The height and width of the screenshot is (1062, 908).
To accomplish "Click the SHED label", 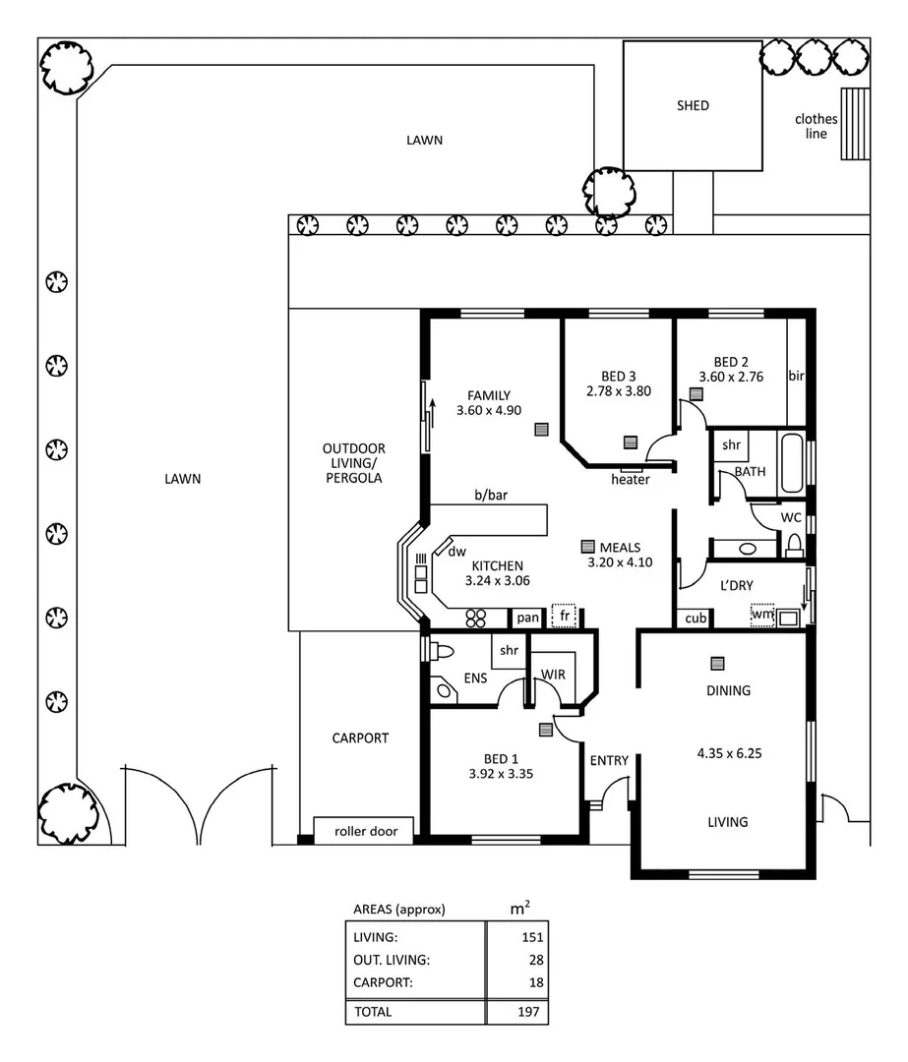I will (x=693, y=106).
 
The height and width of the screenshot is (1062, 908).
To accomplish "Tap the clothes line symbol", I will (x=855, y=124).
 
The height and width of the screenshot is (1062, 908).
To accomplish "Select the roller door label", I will (x=365, y=831).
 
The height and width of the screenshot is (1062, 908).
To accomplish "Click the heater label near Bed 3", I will (x=630, y=480).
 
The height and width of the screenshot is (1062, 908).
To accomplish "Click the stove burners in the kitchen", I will (x=477, y=618).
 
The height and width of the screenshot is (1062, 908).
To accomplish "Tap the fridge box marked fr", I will (x=565, y=617).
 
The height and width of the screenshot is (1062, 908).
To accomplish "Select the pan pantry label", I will (x=528, y=618).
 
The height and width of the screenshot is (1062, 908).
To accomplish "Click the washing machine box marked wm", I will (x=762, y=616).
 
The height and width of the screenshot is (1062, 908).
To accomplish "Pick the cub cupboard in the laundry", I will (x=695, y=619).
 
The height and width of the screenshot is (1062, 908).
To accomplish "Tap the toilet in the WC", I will (x=794, y=544).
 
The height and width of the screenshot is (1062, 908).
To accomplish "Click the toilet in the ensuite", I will (x=441, y=651).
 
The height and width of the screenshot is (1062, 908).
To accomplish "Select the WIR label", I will (x=553, y=675).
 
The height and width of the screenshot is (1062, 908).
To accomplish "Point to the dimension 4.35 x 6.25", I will (x=730, y=754).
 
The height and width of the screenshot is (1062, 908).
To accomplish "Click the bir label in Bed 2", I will (x=797, y=377).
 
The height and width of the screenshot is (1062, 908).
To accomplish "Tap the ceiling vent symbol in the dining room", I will (x=718, y=663).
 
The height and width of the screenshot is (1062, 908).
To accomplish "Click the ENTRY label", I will (x=609, y=760).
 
